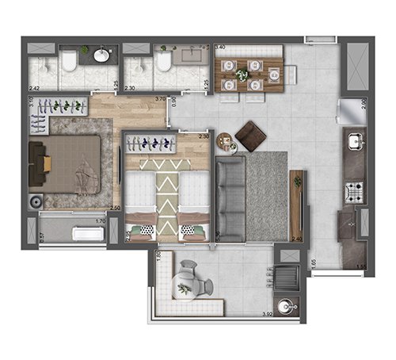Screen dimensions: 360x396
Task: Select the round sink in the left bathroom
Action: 102,56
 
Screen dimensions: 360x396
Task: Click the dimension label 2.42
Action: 34,88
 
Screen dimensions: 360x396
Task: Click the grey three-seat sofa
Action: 230,198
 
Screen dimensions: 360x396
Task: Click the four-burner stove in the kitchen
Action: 352,191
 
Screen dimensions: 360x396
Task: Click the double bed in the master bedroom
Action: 71,165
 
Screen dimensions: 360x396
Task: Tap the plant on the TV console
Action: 298,182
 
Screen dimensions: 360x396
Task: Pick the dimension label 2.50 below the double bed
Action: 115,208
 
